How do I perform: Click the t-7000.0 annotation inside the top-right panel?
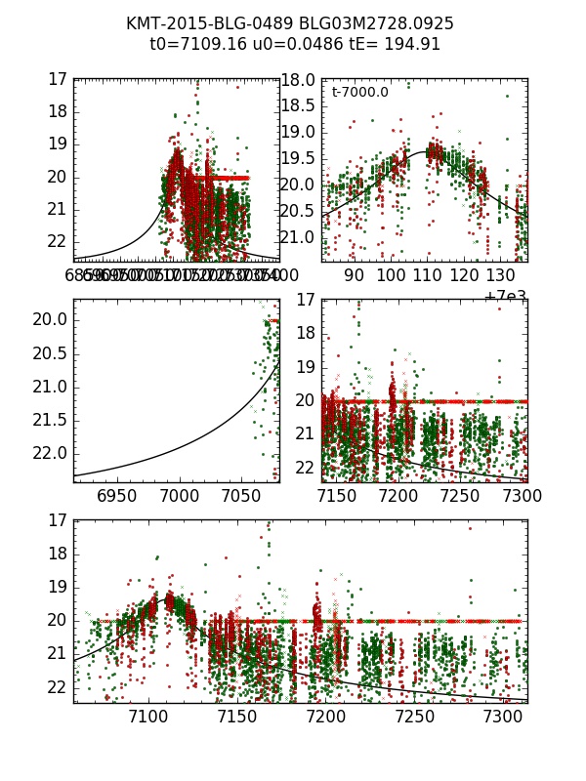point(359,93)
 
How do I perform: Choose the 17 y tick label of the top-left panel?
point(58,79)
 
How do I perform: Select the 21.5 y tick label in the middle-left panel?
point(51,420)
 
